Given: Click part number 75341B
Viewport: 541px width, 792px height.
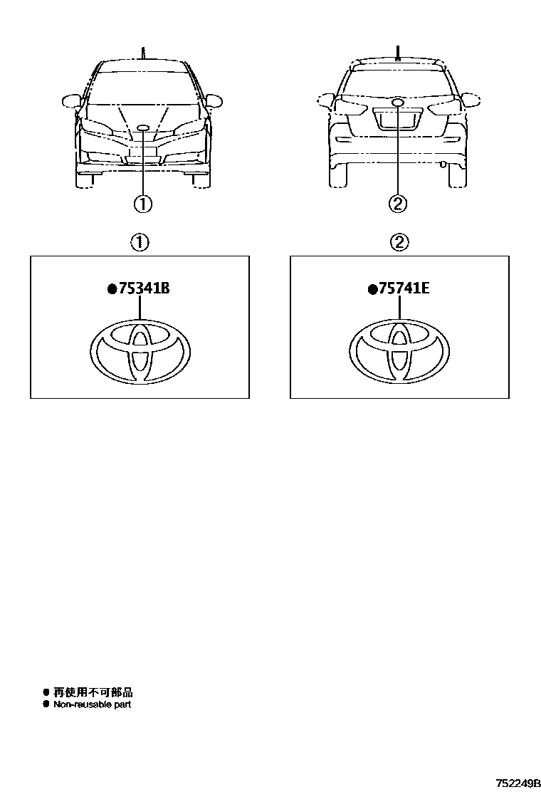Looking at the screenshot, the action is (x=144, y=288).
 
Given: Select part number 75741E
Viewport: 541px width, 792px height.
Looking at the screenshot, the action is (x=404, y=288).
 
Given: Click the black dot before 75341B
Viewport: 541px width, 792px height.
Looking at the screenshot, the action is (x=112, y=289).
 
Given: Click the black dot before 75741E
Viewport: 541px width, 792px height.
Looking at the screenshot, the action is (x=372, y=289).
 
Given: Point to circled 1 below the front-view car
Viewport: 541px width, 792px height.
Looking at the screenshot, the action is (x=143, y=204).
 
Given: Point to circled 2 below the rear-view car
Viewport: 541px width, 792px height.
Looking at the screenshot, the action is (x=398, y=204).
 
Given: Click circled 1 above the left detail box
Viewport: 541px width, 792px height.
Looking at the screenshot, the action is (x=140, y=243).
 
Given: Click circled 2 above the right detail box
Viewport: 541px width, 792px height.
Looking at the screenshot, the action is (x=399, y=243).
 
